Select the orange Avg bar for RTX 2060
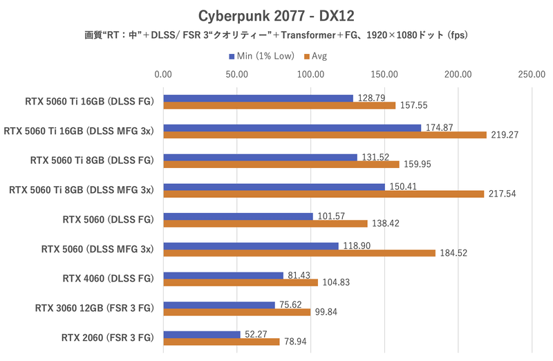click(221, 342)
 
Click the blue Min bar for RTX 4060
click(223, 275)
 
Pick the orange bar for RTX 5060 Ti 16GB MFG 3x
click(325, 136)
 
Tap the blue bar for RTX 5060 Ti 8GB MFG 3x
click(274, 187)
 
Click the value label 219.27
click(505, 136)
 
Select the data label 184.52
click(453, 253)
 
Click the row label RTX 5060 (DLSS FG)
click(109, 220)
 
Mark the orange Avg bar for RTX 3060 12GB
click(237, 312)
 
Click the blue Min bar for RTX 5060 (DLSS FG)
click(238, 216)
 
